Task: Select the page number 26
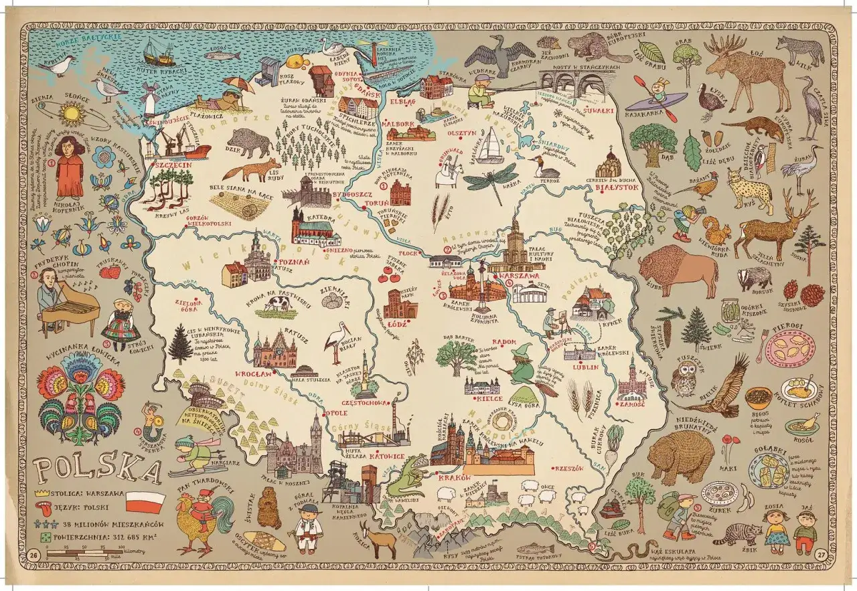34,555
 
